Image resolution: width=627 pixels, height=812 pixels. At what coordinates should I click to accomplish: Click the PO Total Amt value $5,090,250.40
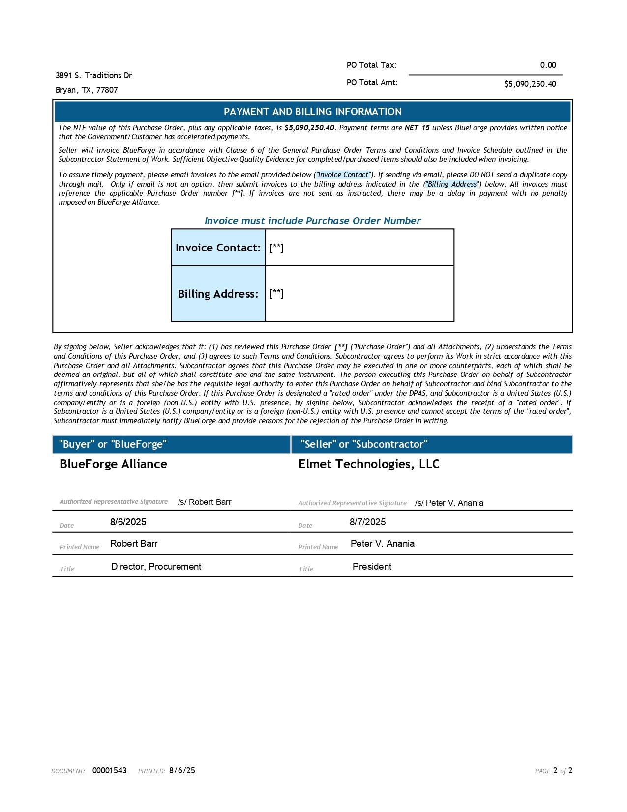[530, 84]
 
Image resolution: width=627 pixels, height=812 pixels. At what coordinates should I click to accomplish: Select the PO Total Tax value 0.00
[548, 65]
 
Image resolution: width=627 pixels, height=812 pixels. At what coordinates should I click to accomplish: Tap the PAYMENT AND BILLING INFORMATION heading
[312, 112]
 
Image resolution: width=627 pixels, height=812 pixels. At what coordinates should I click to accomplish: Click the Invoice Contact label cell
[218, 248]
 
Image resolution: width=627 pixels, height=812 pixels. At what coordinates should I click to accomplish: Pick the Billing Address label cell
[218, 294]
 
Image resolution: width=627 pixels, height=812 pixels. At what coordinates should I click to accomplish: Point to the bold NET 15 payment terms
[417, 128]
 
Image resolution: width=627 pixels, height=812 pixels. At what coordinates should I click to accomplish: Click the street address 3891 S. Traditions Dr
[93, 75]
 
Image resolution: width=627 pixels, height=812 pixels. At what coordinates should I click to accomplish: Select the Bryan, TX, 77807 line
[87, 90]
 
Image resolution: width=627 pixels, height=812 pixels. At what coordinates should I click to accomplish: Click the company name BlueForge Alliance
[113, 464]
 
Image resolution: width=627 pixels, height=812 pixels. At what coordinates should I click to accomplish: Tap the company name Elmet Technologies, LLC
[369, 464]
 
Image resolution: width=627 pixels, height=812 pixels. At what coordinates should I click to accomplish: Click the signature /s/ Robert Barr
[205, 502]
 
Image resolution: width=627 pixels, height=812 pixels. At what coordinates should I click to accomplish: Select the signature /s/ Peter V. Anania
[449, 503]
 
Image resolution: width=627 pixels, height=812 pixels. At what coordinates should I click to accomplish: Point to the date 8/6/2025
[128, 522]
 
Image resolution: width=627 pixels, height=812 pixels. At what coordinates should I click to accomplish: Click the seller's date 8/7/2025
[367, 522]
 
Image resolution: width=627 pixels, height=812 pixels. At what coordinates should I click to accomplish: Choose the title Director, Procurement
[156, 566]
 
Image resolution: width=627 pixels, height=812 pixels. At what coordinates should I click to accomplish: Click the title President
[372, 566]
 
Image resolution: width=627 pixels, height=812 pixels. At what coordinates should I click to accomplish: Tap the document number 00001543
[109, 770]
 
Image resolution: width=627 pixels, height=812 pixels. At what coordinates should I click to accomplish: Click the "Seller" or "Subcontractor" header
[364, 444]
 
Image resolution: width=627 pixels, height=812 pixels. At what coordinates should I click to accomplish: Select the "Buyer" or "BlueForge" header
[113, 444]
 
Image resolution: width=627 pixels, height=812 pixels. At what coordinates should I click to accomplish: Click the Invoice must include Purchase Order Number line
[312, 221]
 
